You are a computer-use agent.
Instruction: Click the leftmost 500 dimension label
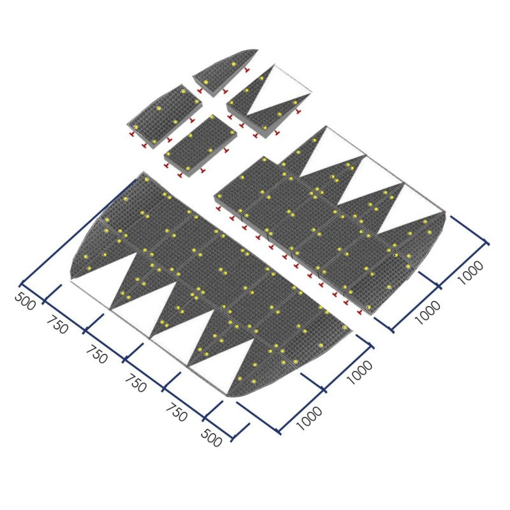25,301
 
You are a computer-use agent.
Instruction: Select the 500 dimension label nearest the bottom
212,437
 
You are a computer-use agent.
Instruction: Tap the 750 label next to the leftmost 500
57,324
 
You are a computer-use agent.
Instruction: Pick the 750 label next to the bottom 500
177,412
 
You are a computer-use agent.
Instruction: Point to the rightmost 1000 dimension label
470,273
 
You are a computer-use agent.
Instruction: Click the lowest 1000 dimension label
309,418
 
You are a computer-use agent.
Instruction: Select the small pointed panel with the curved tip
226,72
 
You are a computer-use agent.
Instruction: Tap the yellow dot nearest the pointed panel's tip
233,64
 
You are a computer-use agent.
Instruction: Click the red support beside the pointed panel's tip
247,69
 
